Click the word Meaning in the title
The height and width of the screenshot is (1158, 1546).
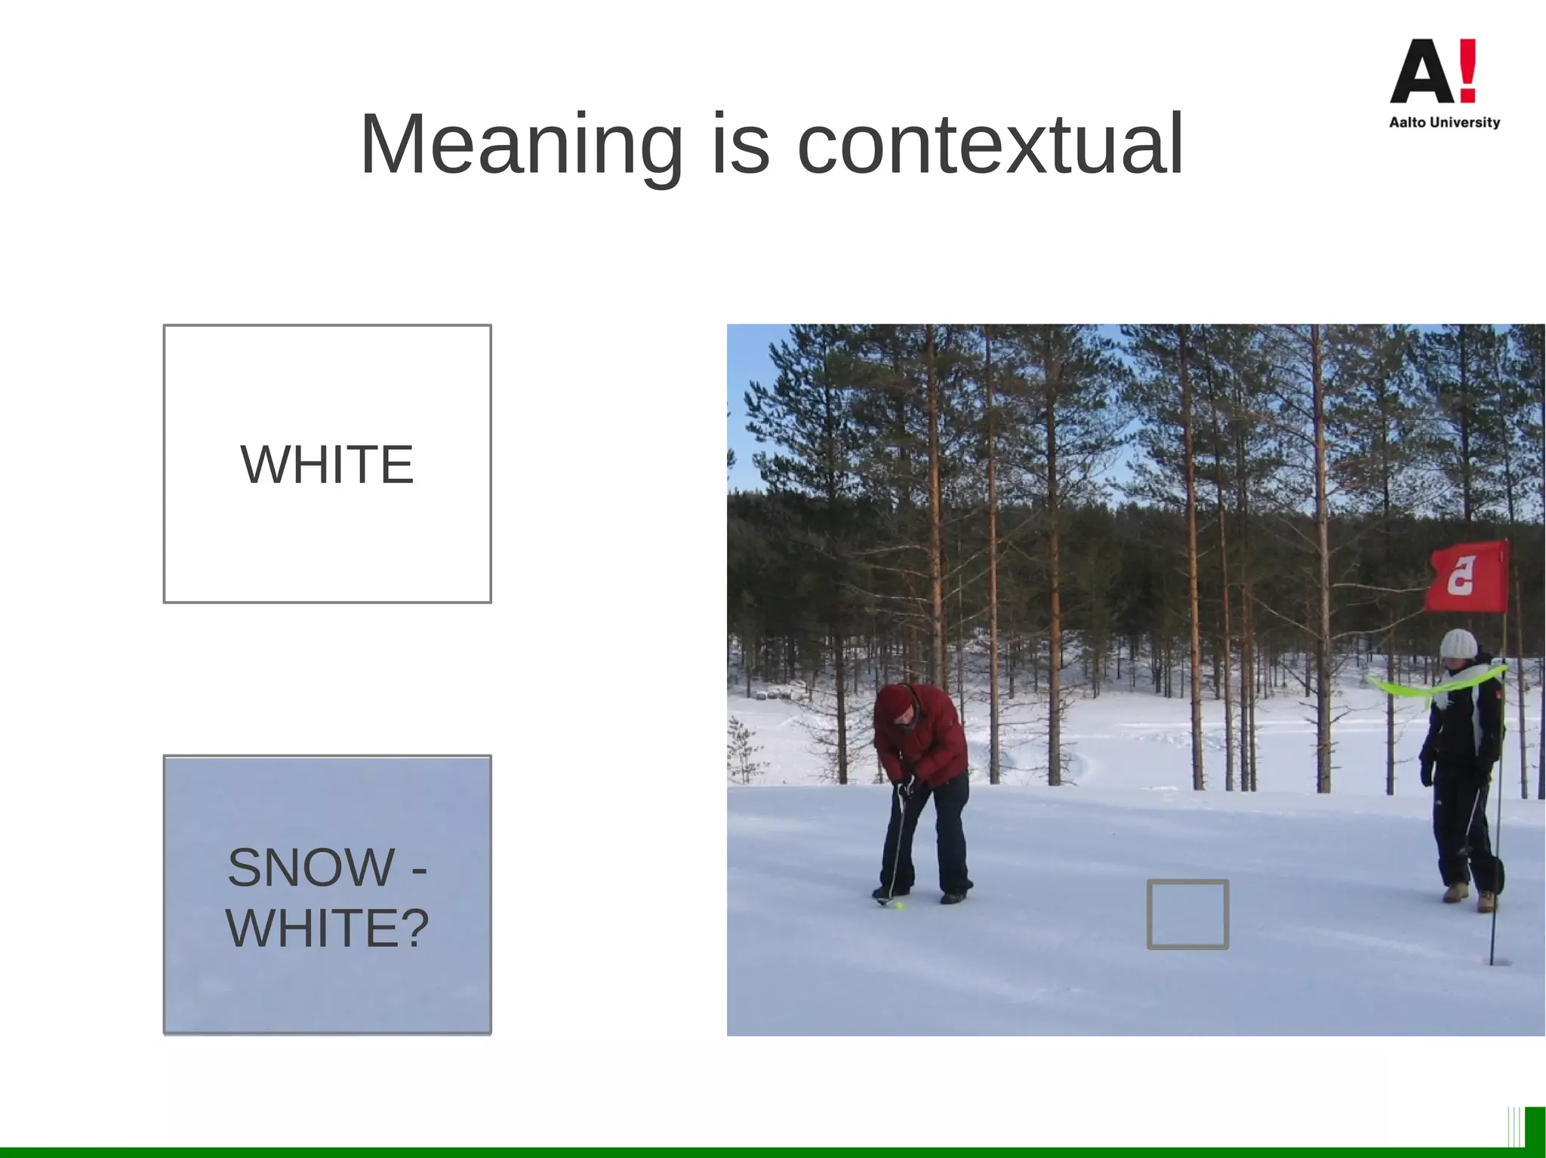[x=521, y=145]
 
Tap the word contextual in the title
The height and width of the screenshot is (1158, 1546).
[x=990, y=145]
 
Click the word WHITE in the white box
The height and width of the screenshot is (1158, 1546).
[x=327, y=465]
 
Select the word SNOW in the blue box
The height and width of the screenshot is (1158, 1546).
[x=311, y=868]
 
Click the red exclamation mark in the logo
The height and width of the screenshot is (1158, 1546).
[x=1467, y=70]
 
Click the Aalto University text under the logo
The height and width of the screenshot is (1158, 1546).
[x=1444, y=122]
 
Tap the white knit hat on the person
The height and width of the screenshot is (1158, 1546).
[x=1458, y=644]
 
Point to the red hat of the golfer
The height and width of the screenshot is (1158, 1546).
[x=896, y=702]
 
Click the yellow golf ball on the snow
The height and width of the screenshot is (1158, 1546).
[x=899, y=905]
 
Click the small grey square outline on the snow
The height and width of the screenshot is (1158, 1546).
[x=1187, y=914]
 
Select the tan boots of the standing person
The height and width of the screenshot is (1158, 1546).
[x=1468, y=896]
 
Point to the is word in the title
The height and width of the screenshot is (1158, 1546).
[x=741, y=145]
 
